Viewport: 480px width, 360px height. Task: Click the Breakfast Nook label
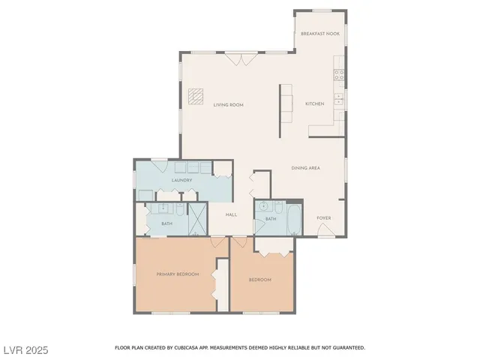319,34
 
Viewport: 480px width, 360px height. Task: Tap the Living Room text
228,105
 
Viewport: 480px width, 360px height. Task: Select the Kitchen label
314,103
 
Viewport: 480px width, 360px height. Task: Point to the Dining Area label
305,168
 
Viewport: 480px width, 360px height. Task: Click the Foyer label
323,218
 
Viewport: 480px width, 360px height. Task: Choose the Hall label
231,214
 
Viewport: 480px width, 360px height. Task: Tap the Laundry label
181,180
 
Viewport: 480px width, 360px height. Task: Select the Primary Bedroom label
178,274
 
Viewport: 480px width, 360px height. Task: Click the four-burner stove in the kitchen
340,75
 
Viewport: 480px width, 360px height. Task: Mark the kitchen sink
340,97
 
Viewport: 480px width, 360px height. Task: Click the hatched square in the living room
196,96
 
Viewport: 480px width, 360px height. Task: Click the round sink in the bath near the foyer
262,208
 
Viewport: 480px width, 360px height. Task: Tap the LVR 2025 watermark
26,350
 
